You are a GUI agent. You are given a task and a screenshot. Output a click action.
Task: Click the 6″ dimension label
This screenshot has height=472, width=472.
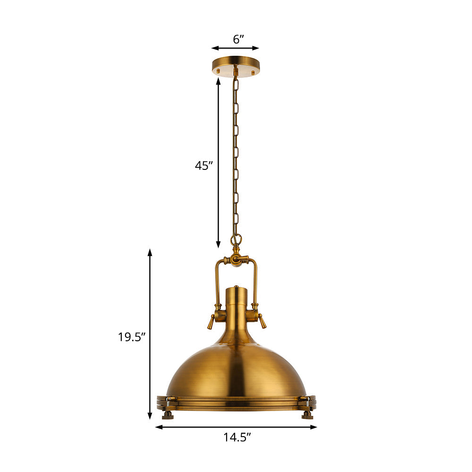[238, 39]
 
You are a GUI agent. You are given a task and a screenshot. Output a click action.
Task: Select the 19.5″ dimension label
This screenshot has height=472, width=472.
[131, 337]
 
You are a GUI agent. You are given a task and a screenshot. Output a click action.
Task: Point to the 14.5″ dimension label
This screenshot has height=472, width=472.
[237, 438]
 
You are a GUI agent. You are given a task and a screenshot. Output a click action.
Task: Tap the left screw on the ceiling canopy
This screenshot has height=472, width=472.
[218, 71]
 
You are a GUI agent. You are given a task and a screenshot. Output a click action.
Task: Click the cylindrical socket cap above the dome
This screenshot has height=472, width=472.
[236, 302]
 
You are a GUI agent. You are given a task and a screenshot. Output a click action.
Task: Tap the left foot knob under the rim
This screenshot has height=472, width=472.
[168, 415]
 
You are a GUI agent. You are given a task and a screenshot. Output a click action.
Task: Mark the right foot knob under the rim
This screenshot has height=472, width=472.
[307, 415]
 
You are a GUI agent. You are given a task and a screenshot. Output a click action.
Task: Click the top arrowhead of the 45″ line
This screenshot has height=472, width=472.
[218, 81]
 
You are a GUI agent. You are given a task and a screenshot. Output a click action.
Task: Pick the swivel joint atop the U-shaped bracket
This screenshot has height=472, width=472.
[236, 260]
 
